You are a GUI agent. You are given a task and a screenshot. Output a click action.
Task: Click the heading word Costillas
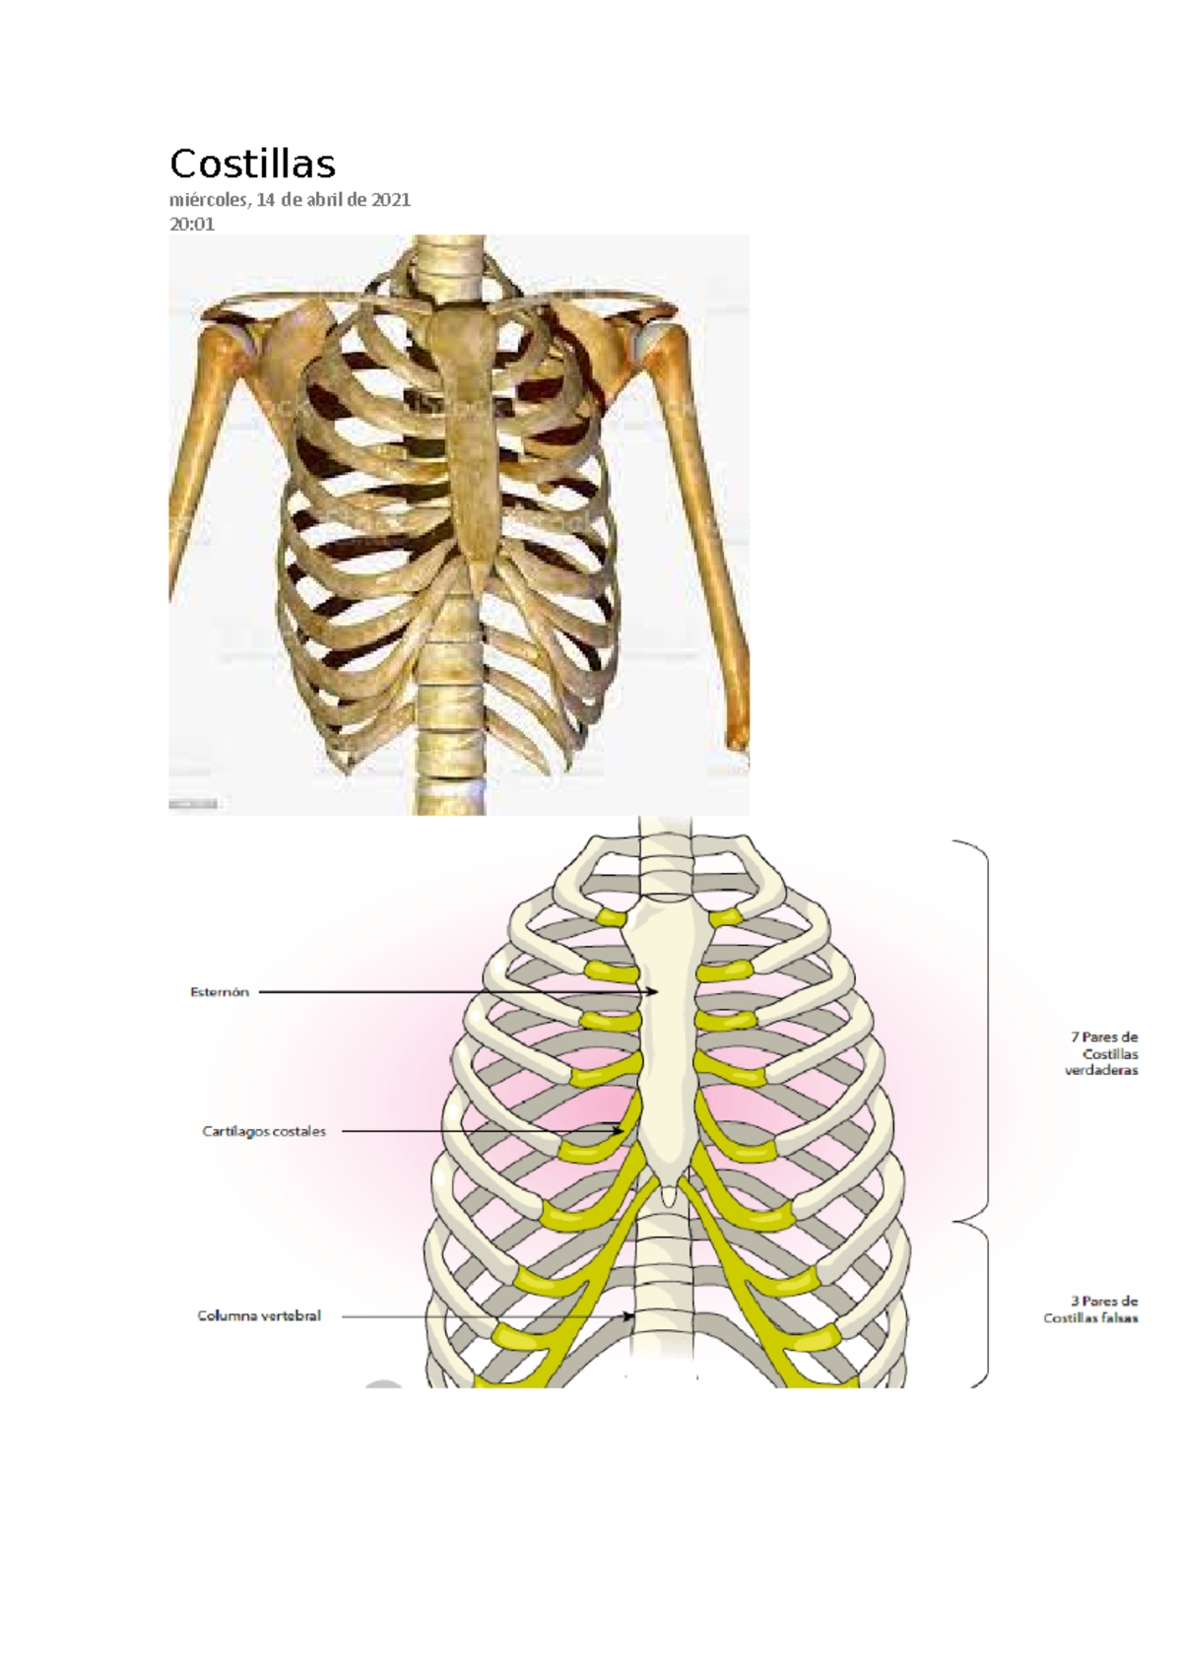click(252, 164)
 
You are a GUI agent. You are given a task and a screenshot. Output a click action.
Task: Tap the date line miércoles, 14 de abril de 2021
click(290, 201)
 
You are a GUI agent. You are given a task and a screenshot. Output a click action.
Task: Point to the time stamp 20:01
click(192, 224)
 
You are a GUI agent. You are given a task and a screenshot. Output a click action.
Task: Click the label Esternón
click(220, 992)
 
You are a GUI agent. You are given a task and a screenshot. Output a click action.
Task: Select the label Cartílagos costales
click(264, 1131)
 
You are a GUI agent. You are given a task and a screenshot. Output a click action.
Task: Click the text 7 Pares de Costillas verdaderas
click(1101, 1053)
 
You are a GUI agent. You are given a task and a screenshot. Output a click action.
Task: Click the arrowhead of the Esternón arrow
click(653, 992)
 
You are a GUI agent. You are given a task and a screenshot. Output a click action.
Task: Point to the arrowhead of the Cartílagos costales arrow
click(621, 1131)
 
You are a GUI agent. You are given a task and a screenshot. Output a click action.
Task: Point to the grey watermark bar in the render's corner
click(193, 804)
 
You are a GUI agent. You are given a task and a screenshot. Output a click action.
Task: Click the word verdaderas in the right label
click(1101, 1070)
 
